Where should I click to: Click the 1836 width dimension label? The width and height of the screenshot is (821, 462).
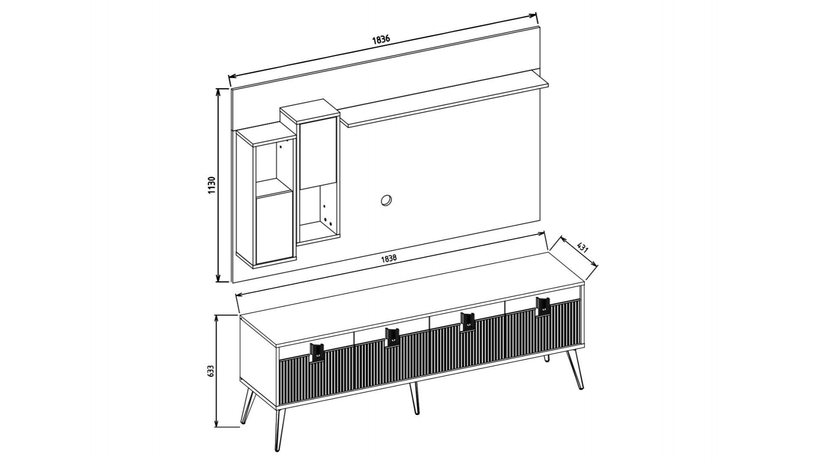click(x=381, y=39)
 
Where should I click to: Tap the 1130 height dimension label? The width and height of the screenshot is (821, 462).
click(x=212, y=185)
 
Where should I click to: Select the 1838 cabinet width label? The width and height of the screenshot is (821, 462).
click(x=389, y=259)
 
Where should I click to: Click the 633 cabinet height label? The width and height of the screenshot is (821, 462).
click(x=210, y=371)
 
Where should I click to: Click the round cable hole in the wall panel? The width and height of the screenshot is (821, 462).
click(x=386, y=200)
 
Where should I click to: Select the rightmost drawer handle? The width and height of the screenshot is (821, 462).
click(x=543, y=306)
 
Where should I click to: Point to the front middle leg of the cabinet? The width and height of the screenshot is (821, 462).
click(x=414, y=398)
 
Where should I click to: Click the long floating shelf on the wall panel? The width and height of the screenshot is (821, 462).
click(x=445, y=99)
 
